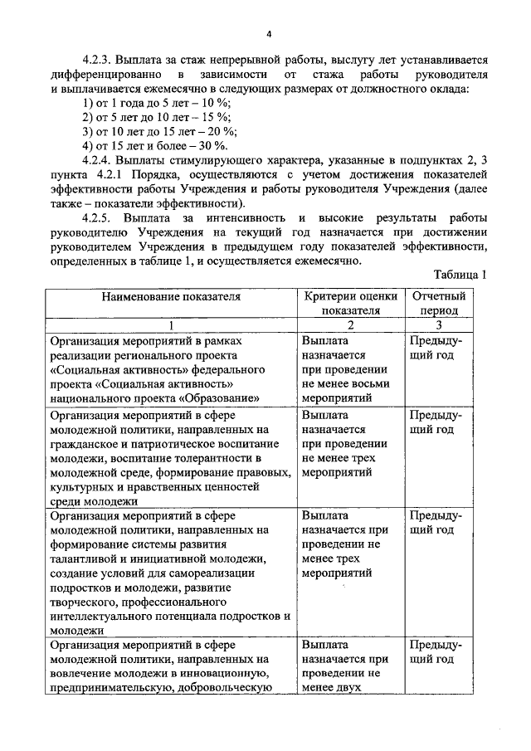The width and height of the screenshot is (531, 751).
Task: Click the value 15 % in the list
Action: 221,118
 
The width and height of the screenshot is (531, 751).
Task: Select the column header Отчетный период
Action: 437,303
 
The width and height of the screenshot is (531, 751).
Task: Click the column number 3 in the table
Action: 438,325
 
